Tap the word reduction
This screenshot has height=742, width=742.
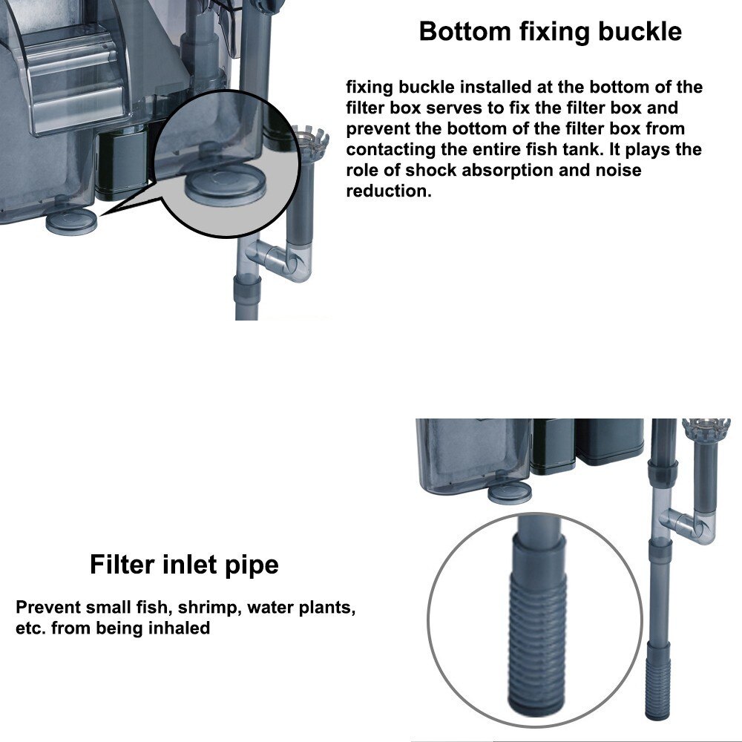tap(388, 191)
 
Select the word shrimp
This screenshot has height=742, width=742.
tap(209, 608)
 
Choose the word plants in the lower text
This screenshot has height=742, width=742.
tap(324, 608)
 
